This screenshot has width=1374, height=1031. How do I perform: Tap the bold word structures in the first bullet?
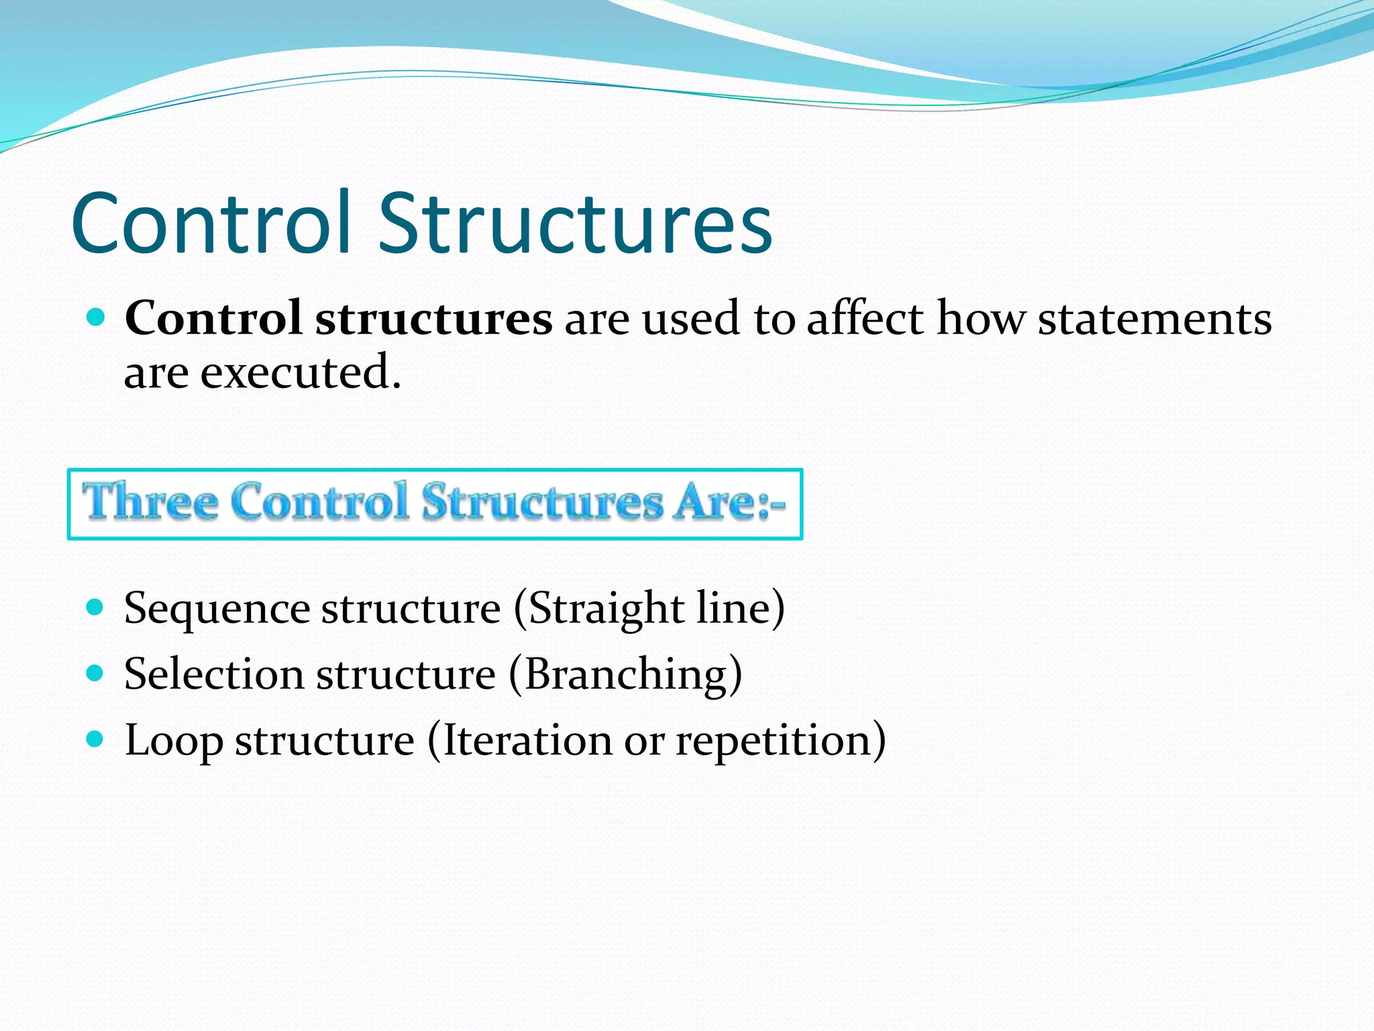[434, 318]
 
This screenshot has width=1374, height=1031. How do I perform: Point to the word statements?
[1154, 320]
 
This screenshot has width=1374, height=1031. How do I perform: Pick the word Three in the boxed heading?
[150, 502]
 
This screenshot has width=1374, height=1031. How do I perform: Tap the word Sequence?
[217, 609]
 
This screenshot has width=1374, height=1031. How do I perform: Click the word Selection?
[213, 675]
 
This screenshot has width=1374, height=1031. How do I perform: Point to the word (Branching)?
[625, 675]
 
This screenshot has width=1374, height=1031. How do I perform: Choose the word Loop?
[174, 741]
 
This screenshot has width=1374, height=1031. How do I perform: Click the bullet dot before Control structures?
[96, 317]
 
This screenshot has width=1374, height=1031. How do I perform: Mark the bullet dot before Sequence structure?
[95, 607]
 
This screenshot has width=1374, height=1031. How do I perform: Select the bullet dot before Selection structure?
[95, 673]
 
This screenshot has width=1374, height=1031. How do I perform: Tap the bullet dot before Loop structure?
[95, 739]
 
